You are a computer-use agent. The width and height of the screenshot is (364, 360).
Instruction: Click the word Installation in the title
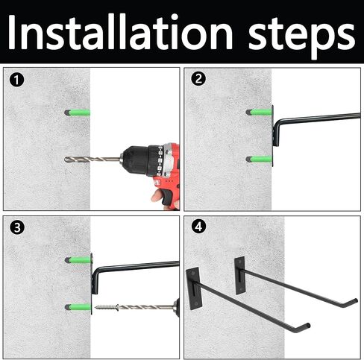pyautogui.click(x=120, y=32)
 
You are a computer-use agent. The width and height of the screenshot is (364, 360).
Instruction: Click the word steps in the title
pyautogui.click(x=302, y=37)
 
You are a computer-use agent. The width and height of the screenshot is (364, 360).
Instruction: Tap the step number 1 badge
pyautogui.click(x=16, y=80)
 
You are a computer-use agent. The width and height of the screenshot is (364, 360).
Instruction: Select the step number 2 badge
pyautogui.click(x=198, y=79)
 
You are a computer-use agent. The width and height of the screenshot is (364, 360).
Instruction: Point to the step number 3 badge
pyautogui.click(x=17, y=227)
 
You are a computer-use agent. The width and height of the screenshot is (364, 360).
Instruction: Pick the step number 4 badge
pyautogui.click(x=198, y=227)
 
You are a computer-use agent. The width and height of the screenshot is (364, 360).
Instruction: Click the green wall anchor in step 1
pyautogui.click(x=77, y=113)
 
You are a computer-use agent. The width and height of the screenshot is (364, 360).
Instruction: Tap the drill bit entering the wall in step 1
pyautogui.click(x=92, y=160)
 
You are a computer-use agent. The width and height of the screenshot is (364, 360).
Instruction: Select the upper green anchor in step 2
pyautogui.click(x=259, y=112)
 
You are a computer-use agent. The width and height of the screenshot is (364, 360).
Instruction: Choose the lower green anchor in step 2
pyautogui.click(x=259, y=159)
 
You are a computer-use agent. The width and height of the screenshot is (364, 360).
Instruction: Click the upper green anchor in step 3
pyautogui.click(x=78, y=260)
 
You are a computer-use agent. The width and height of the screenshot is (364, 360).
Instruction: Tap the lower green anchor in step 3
pyautogui.click(x=78, y=307)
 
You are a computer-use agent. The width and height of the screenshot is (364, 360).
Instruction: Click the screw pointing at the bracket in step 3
pyautogui.click(x=107, y=307)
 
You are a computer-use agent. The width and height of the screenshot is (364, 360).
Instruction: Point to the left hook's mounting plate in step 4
pyautogui.click(x=192, y=288)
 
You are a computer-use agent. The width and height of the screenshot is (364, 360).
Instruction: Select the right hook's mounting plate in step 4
pyautogui.click(x=240, y=276)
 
